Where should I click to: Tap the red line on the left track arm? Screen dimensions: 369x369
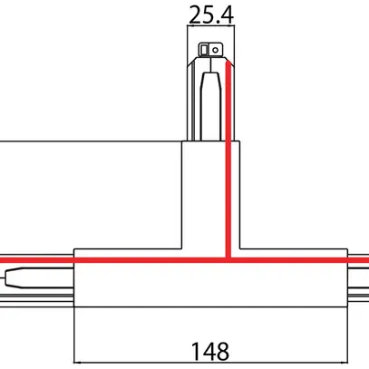[x=36, y=258]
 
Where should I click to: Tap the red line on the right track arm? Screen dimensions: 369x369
[x=354, y=258]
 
